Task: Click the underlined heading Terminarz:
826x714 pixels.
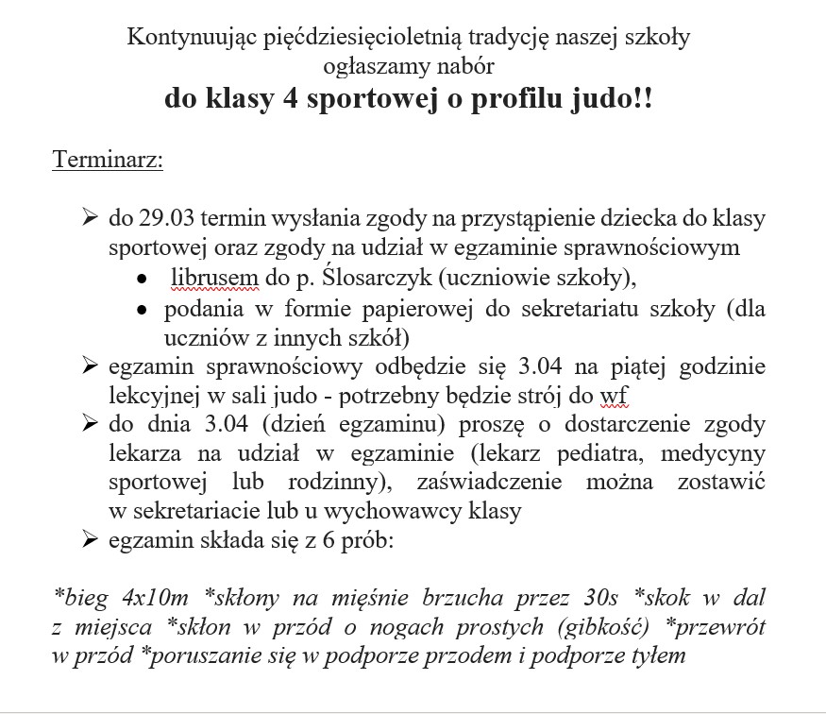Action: tap(108, 159)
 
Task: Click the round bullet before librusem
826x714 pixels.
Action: tap(141, 280)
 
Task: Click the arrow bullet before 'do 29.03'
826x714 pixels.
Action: tap(91, 219)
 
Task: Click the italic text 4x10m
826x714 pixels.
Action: tap(157, 599)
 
